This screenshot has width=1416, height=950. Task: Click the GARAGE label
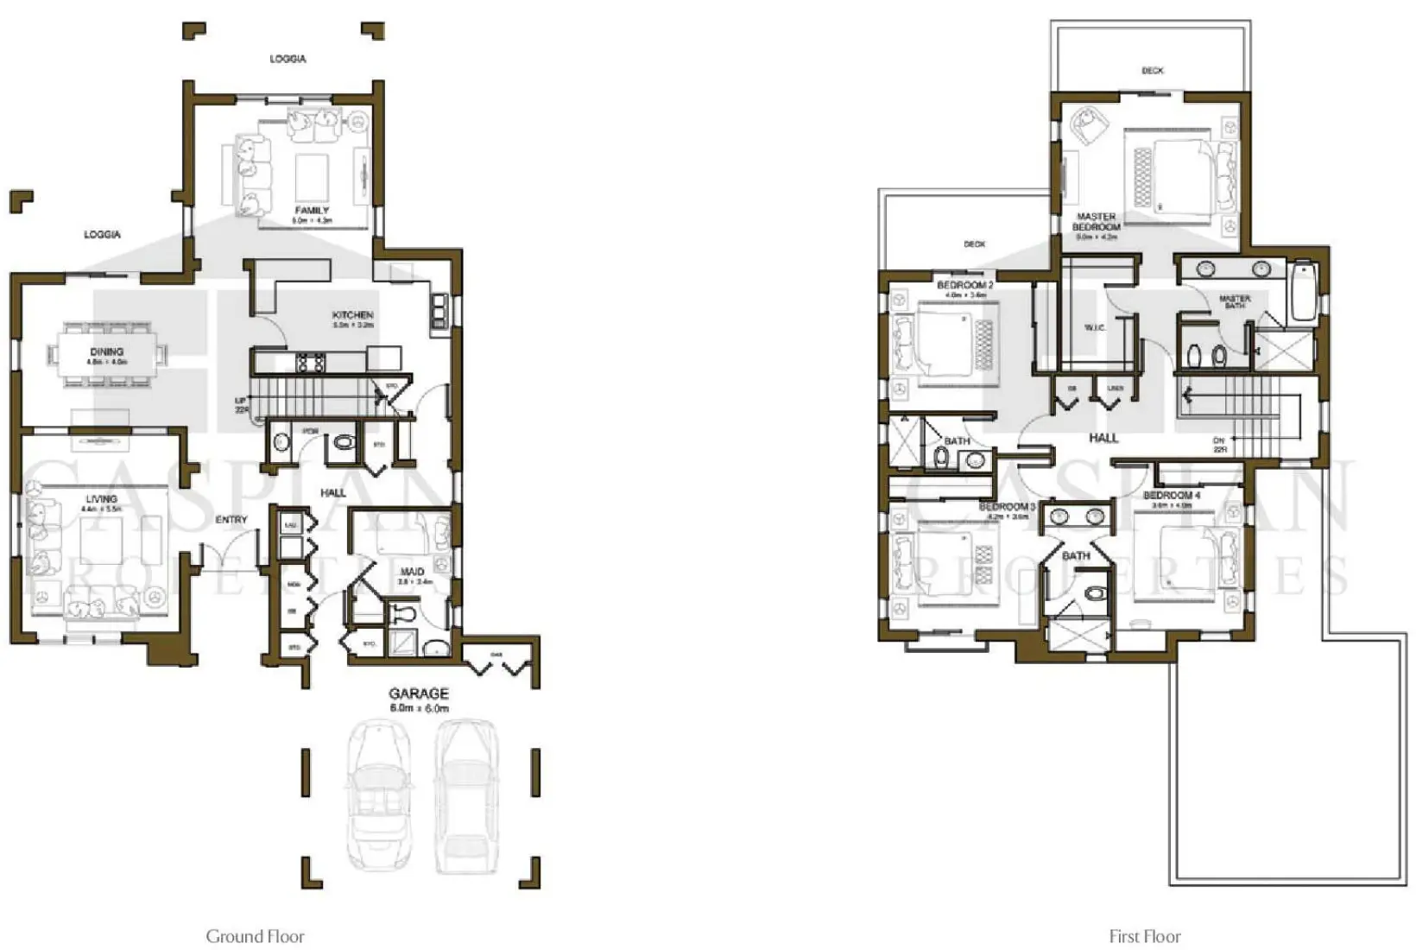(x=419, y=693)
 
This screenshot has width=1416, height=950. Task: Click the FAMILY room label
(x=312, y=211)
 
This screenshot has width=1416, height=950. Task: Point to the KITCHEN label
(x=352, y=315)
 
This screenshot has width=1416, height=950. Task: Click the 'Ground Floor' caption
(x=255, y=936)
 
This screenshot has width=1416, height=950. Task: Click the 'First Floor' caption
(x=1144, y=936)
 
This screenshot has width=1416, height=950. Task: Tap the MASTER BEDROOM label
(x=1096, y=222)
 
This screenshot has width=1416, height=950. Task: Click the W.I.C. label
(x=1094, y=328)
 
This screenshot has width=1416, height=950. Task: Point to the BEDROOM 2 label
(x=964, y=285)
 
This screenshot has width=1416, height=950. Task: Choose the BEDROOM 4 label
(x=1171, y=496)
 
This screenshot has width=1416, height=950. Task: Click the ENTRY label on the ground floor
(x=231, y=520)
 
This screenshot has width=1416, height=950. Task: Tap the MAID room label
(x=412, y=572)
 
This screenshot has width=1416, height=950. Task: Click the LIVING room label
(x=101, y=499)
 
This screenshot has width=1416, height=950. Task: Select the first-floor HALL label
(x=1103, y=438)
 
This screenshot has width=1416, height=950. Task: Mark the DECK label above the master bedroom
(x=1152, y=71)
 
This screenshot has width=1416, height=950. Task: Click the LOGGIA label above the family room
(x=288, y=59)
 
